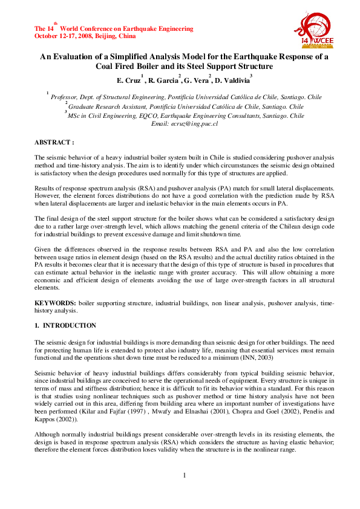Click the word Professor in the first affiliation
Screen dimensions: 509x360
[65, 97]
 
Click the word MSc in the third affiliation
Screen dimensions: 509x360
[75, 115]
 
